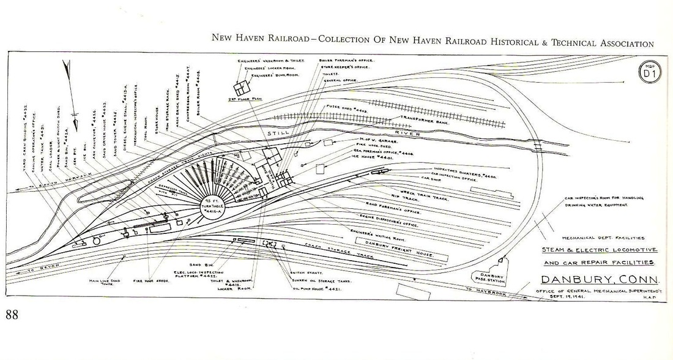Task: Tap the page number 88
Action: click(12, 315)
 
